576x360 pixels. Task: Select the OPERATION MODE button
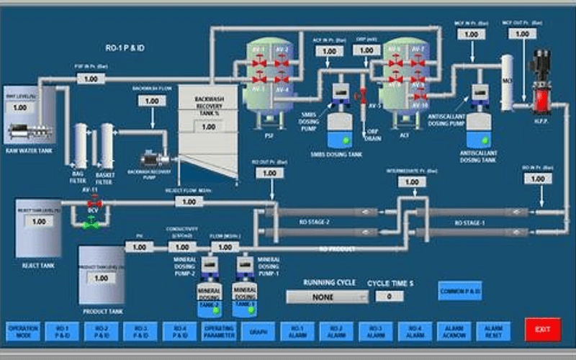click(x=22, y=330)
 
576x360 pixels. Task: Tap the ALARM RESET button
click(x=493, y=330)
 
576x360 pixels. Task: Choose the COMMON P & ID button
click(x=459, y=290)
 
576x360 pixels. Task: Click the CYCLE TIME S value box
click(x=390, y=296)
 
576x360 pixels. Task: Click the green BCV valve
click(x=92, y=224)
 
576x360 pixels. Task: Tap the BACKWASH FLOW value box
click(x=151, y=102)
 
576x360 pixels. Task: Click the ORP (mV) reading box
click(x=367, y=50)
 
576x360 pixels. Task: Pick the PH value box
click(x=139, y=247)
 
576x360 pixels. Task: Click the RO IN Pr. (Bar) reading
click(x=537, y=179)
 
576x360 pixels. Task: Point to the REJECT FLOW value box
click(x=189, y=202)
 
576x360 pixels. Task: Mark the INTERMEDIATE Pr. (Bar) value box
click(x=411, y=182)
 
